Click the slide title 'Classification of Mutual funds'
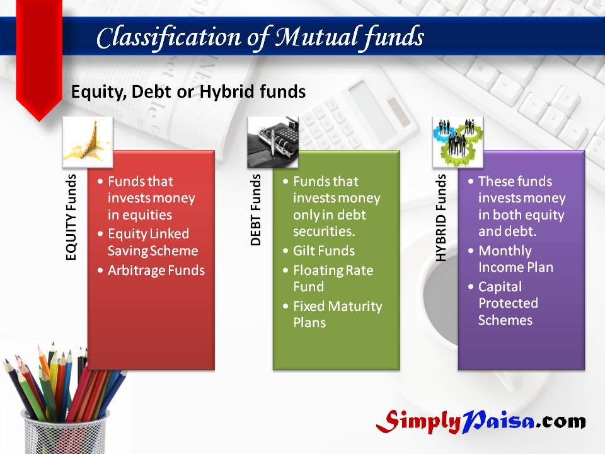[x=260, y=37]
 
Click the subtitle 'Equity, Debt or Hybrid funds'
[x=188, y=92]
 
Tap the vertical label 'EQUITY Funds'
[x=71, y=218]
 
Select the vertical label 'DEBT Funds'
[x=256, y=209]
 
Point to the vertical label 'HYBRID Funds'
[x=441, y=218]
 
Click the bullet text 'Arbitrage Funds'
[x=156, y=271]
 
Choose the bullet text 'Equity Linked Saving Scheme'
[x=153, y=242]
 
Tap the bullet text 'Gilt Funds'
[x=324, y=251]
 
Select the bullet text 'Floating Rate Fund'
[x=333, y=278]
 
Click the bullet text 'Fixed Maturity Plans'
[x=338, y=314]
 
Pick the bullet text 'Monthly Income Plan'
[x=516, y=259]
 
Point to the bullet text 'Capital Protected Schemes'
[x=508, y=303]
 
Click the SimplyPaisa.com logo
[x=481, y=421]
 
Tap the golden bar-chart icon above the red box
[x=88, y=142]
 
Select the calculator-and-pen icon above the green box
[x=273, y=142]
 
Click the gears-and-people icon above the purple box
[x=458, y=142]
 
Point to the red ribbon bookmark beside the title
[x=39, y=58]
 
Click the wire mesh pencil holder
[x=65, y=433]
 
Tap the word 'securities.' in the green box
[x=324, y=231]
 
